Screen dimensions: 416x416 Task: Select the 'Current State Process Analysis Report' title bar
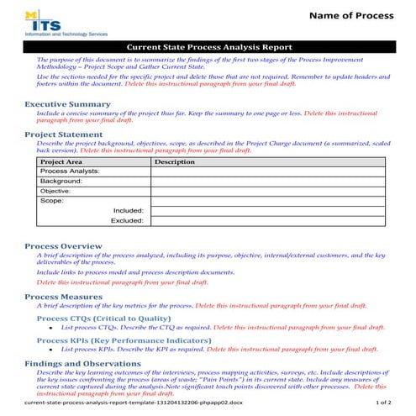pos(208,49)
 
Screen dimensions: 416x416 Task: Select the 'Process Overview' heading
pos(64,246)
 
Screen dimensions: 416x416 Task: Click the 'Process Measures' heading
pos(65,297)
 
